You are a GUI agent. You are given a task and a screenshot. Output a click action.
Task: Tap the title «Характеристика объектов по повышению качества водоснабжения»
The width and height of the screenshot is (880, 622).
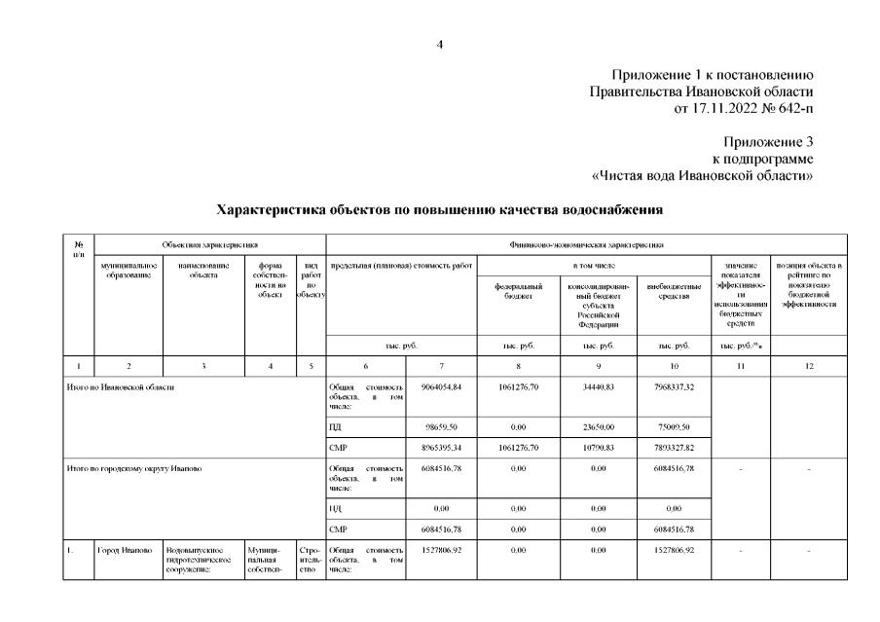[439, 209]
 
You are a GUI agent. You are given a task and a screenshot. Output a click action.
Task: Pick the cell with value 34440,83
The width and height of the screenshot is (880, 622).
[599, 386]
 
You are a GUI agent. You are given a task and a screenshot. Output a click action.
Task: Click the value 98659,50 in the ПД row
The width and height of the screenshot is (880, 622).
[439, 425]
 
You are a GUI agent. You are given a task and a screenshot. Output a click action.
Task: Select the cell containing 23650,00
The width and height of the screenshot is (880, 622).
[599, 425]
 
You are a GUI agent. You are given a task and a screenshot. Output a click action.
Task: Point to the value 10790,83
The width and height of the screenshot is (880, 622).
[599, 448]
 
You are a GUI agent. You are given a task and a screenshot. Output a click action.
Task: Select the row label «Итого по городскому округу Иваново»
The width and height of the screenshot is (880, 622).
[135, 469]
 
